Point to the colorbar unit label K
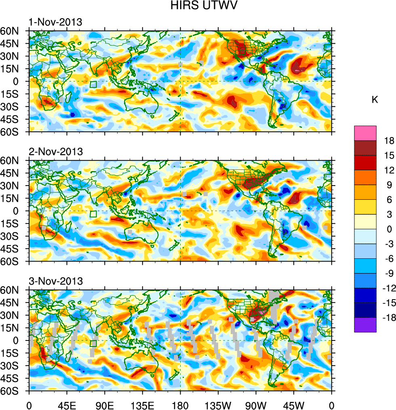[375, 100]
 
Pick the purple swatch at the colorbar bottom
[365, 325]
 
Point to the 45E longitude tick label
[66, 405]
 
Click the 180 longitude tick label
[180, 405]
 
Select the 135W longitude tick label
[218, 405]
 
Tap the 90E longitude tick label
[105, 405]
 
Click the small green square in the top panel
[94, 85]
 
